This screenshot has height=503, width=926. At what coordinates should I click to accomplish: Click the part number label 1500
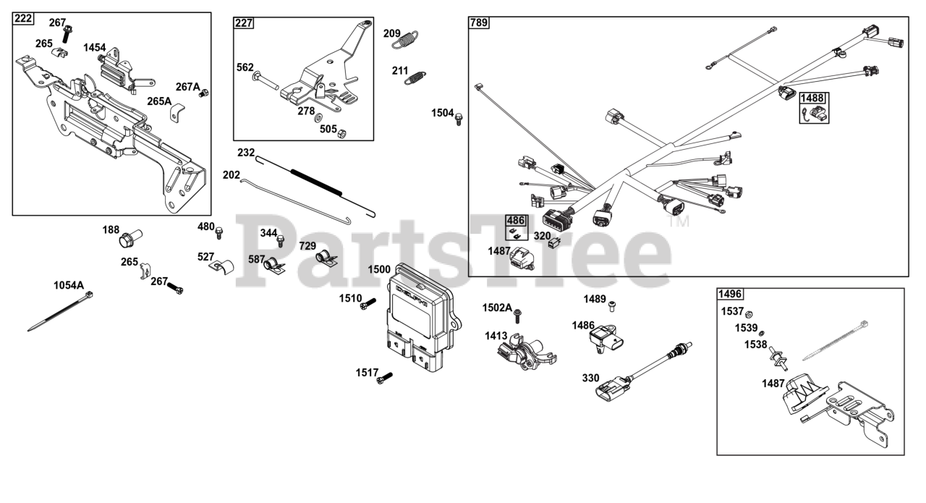[379, 269]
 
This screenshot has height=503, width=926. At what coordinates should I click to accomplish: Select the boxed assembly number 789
[479, 22]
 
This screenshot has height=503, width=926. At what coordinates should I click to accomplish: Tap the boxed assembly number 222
[23, 18]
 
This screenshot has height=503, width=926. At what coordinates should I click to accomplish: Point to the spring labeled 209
[409, 38]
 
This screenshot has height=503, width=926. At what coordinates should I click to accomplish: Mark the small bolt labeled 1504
[459, 119]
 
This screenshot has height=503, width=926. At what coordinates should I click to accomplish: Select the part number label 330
[591, 378]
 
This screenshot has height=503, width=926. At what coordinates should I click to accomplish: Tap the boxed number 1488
[813, 98]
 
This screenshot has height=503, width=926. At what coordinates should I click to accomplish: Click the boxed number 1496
[730, 294]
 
